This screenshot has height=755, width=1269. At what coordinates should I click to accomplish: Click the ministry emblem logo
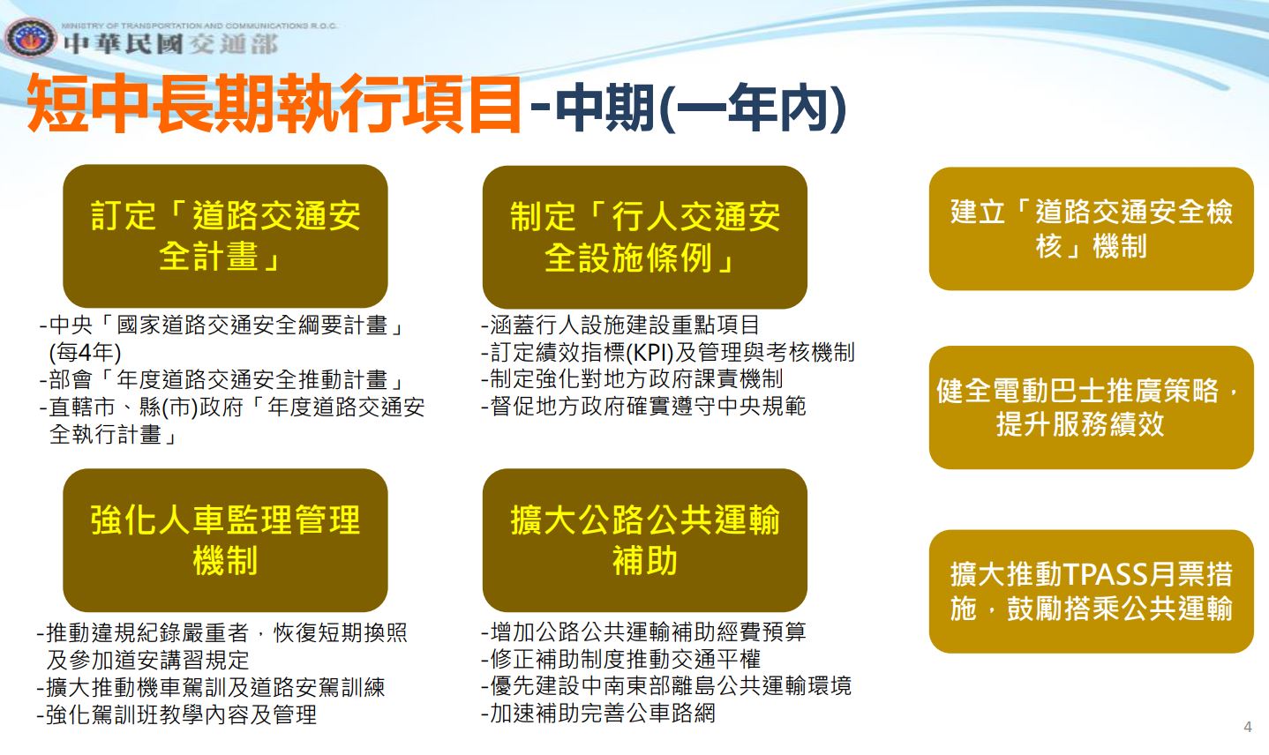[31, 38]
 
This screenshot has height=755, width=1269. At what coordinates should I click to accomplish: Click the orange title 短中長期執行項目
[274, 104]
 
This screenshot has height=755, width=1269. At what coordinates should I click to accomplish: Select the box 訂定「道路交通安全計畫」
[226, 236]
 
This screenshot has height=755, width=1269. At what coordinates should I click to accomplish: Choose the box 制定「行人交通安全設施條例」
[645, 237]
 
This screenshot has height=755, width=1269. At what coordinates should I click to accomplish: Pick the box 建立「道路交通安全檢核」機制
[1091, 228]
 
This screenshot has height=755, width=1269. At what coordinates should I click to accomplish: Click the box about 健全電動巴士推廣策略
[1091, 407]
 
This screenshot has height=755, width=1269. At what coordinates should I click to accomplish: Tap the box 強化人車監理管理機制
[226, 540]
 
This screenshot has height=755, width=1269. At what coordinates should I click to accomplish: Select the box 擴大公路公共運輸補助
[645, 540]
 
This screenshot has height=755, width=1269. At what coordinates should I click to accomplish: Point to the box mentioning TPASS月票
[1091, 591]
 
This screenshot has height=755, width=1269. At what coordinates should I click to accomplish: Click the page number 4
[1248, 727]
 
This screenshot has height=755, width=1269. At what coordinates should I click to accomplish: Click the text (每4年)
[85, 352]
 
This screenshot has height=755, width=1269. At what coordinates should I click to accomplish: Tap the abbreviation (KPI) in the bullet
[650, 352]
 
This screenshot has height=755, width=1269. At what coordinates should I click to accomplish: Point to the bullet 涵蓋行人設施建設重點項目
[619, 325]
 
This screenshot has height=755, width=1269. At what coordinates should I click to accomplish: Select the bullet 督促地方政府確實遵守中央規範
[643, 406]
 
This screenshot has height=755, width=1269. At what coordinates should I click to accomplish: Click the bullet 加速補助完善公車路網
[598, 713]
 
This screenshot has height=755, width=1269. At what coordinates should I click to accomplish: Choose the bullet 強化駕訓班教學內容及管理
[176, 714]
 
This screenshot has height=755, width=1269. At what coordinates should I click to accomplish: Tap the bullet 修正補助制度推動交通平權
[621, 659]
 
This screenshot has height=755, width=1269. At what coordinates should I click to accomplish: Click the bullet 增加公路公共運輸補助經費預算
[643, 632]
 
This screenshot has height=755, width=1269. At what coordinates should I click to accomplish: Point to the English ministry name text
[199, 26]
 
